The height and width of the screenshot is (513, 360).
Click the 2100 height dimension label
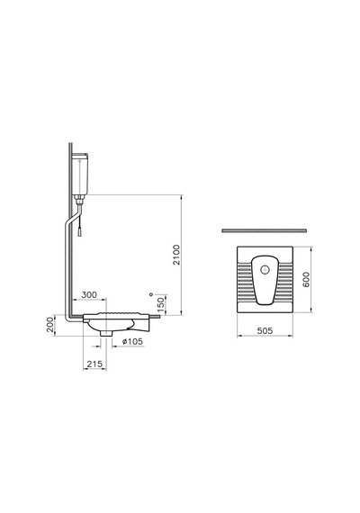point(176,255)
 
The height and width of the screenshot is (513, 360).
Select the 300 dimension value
point(89,295)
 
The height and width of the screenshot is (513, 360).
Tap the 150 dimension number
point(160,304)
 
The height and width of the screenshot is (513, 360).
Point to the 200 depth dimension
point(49,325)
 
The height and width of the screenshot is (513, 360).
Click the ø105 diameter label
point(132,342)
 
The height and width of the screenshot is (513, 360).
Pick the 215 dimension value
point(94,364)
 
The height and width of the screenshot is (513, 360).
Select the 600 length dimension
point(306,279)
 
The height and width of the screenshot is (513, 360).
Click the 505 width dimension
point(265,331)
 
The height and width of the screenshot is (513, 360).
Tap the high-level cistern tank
point(80,174)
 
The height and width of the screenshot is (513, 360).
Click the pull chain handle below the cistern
point(79,232)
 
